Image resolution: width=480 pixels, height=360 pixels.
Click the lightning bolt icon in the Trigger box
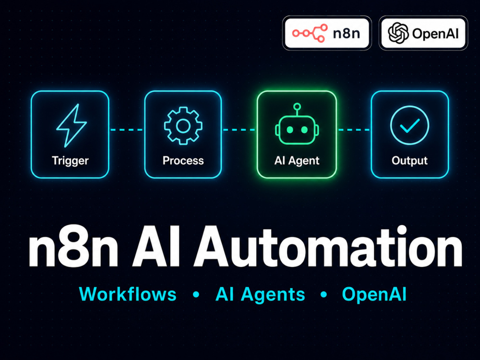[71, 125]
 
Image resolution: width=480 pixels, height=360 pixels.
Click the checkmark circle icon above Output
[409, 125]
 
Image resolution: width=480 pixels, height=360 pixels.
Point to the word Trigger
[70, 161]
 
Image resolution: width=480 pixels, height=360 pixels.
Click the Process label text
[183, 160]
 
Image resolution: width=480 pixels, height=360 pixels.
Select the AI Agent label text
[297, 161]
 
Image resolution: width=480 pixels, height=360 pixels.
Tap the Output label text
[409, 161]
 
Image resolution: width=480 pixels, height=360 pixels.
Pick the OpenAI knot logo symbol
[398, 33]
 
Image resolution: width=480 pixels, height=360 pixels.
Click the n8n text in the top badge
[346, 34]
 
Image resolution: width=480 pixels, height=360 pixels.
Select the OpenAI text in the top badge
[435, 34]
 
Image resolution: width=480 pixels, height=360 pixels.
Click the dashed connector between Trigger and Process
[126, 130]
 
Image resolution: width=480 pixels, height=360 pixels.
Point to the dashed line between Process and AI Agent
[239, 130]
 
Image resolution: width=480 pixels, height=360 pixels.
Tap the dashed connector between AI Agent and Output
[354, 130]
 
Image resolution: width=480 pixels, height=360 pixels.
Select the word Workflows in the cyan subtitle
[128, 294]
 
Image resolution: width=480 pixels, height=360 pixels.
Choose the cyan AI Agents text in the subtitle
[260, 295]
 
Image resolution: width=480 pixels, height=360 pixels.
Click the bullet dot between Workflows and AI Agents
[196, 295]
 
